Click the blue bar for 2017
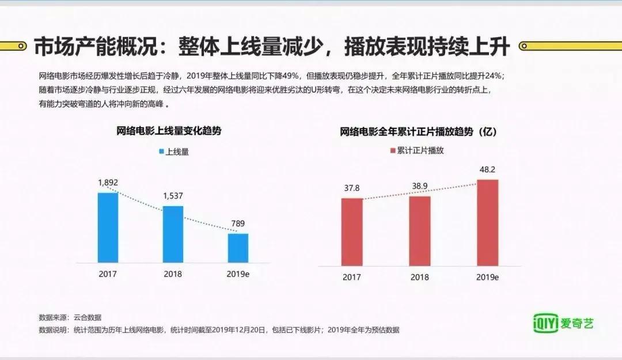pyautogui.click(x=108, y=227)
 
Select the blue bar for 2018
pyautogui.click(x=173, y=234)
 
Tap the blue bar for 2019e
pyautogui.click(x=238, y=248)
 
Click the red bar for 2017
pyautogui.click(x=352, y=232)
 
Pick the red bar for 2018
pyautogui.click(x=420, y=230)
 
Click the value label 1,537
pyautogui.click(x=173, y=196)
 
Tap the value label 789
pyautogui.click(x=238, y=224)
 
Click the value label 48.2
pyautogui.click(x=487, y=170)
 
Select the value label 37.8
pyautogui.click(x=352, y=188)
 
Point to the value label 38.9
pyautogui.click(x=420, y=187)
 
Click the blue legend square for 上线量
pyautogui.click(x=161, y=152)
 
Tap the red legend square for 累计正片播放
pyautogui.click(x=393, y=151)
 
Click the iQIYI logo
pyautogui.click(x=562, y=322)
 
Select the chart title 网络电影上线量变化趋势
pyautogui.click(x=169, y=131)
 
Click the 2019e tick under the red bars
pyautogui.click(x=487, y=277)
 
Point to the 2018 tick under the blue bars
pyautogui.click(x=173, y=274)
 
